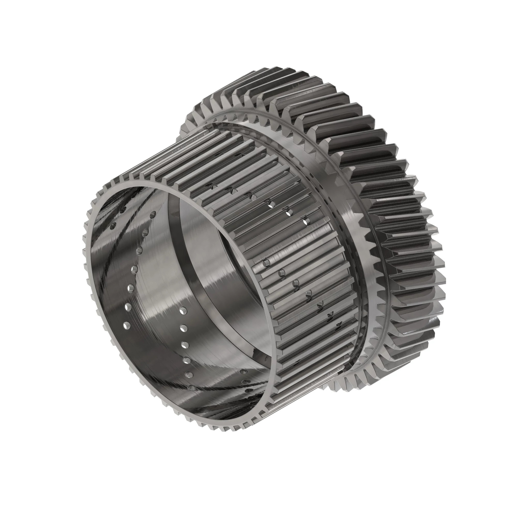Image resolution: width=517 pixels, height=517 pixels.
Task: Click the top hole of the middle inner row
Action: [x=183, y=311]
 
